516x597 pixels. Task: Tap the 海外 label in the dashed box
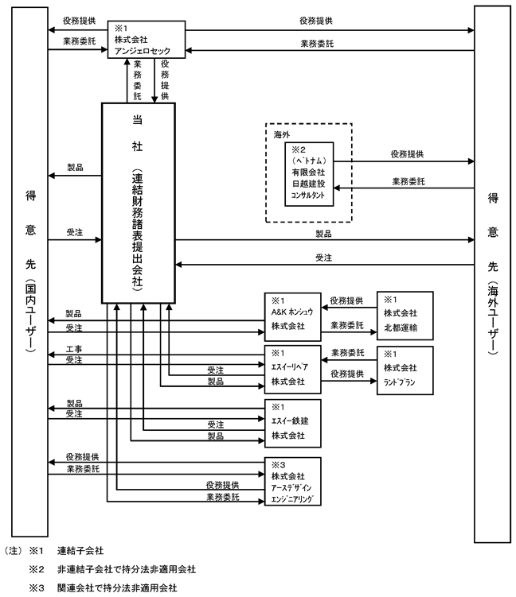(281, 134)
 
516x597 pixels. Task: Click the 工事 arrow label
(74, 349)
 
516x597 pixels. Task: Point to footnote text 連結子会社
(80, 551)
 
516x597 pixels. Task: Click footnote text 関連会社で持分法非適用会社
(118, 588)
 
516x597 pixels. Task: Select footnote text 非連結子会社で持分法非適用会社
(127, 569)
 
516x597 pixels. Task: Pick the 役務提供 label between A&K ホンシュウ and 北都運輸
(346, 300)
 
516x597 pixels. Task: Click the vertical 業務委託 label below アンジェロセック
(137, 80)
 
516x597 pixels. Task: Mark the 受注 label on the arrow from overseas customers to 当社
(324, 258)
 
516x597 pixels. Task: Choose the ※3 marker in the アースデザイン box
(279, 465)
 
